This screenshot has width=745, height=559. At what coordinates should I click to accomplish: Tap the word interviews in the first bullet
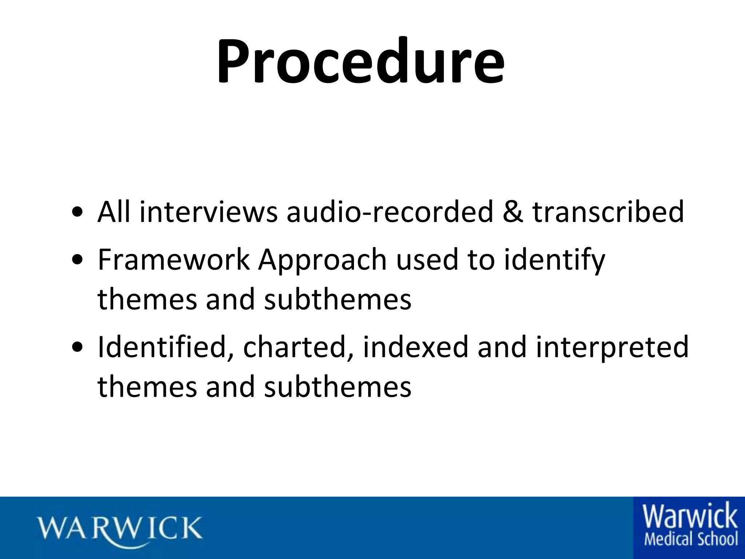click(x=208, y=212)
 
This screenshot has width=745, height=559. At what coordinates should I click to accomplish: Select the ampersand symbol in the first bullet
click(x=513, y=212)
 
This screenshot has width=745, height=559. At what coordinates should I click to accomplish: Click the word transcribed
click(x=608, y=212)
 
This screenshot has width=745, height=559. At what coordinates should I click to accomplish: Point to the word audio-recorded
click(x=389, y=212)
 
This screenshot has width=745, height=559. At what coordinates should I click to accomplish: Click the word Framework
click(x=174, y=260)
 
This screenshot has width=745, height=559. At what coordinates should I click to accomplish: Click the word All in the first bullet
click(x=114, y=212)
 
